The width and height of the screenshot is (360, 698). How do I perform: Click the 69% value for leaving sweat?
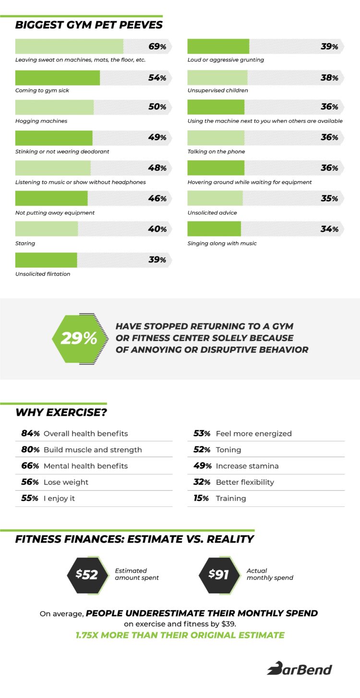(x=157, y=47)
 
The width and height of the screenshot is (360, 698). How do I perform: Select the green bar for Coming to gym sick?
(x=58, y=78)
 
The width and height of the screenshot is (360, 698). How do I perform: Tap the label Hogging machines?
(x=41, y=121)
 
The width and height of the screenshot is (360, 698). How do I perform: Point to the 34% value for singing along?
(x=329, y=229)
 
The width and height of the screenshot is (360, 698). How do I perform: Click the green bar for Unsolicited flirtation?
(x=46, y=260)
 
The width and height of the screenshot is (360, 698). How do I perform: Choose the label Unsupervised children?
(x=217, y=90)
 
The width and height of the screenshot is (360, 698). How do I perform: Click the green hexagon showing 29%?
(x=79, y=338)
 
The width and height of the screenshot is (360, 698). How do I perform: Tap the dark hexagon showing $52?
(x=87, y=574)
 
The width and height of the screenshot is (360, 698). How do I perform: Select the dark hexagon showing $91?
(x=219, y=574)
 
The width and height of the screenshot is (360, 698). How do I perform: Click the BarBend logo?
(x=300, y=668)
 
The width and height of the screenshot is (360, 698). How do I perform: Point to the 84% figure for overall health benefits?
(x=30, y=433)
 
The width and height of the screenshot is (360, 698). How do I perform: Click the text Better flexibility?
(x=245, y=482)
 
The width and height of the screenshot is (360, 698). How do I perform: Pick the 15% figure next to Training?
(x=201, y=498)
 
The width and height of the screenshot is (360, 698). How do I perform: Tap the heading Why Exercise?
(x=61, y=412)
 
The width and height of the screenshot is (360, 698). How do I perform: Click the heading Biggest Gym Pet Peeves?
(x=89, y=25)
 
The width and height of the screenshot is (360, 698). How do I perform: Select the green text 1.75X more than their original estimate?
(x=180, y=635)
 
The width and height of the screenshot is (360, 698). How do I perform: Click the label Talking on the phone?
(x=216, y=152)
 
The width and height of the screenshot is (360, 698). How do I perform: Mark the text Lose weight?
(x=66, y=482)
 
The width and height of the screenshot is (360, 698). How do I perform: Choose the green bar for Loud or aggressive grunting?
(x=218, y=47)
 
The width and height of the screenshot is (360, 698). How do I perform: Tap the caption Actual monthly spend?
(x=270, y=574)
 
